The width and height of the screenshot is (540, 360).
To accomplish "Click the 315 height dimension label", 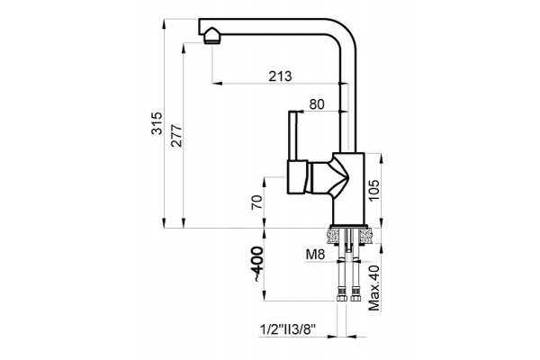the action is (157, 123).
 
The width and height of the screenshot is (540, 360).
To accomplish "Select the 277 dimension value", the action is (176, 136).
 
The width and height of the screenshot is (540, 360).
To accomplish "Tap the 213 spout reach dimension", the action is (280, 76).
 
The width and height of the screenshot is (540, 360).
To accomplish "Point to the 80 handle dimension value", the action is (317, 104).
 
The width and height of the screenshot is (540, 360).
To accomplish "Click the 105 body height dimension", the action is (373, 190).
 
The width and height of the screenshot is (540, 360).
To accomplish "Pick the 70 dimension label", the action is (256, 202).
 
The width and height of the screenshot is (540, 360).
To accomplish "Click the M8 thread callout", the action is (315, 255).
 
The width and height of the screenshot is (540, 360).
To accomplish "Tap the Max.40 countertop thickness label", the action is (374, 288).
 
